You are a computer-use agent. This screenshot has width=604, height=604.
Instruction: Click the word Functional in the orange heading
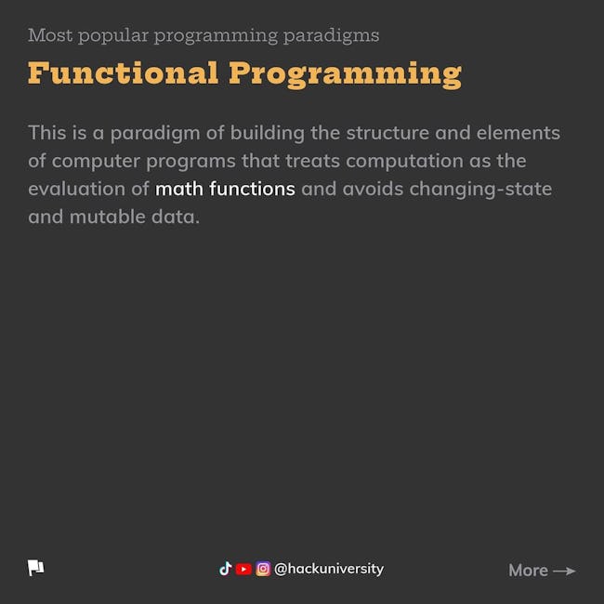pos(124,72)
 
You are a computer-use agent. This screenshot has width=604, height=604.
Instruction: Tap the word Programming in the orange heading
pos(345,74)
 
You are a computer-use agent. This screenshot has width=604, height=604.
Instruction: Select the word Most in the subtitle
pos(50,35)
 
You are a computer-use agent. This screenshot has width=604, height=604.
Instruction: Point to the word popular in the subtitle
pos(113,36)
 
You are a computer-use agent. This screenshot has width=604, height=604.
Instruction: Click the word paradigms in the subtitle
pos(332,36)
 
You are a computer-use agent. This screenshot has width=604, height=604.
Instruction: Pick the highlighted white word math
pos(179,189)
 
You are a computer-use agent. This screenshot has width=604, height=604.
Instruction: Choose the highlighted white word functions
pos(253,189)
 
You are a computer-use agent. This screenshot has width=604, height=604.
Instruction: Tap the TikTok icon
pos(226,569)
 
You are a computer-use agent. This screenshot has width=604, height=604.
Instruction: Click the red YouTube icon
pos(243,569)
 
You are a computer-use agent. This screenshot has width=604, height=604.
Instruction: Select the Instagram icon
pos(263,569)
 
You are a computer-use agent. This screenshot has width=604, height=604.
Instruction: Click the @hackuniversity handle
pos(329,569)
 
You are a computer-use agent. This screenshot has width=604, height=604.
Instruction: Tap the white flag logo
pos(36,568)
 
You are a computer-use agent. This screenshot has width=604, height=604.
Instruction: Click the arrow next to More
pos(564,571)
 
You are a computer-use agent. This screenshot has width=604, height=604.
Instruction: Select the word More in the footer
pos(528,571)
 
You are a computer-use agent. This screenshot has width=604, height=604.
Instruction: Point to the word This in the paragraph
pos(47,133)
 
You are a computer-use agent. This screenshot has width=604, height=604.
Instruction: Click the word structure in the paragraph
pos(387,133)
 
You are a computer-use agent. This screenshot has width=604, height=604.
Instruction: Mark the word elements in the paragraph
pos(519,133)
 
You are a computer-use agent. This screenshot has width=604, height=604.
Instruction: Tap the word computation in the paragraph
pos(404,161)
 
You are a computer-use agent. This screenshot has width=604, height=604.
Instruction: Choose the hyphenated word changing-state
pos(480,190)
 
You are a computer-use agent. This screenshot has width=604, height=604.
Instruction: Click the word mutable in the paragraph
pos(108,217)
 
